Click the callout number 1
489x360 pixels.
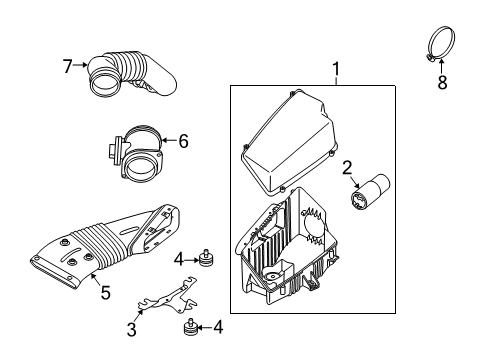point(336,69)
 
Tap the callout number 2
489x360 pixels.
point(347,168)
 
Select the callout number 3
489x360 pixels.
point(132,330)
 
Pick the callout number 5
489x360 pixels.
point(105,292)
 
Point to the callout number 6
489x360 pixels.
point(183,141)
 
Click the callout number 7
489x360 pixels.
point(67,66)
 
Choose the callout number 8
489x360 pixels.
point(442,82)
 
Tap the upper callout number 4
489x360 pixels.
point(179,260)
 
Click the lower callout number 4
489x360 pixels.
point(218,327)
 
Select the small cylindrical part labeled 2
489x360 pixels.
point(369,192)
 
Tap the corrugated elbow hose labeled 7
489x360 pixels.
point(131,74)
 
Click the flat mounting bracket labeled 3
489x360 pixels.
point(167,296)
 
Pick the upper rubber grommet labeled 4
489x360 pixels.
point(206,258)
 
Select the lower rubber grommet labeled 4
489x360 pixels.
point(191,328)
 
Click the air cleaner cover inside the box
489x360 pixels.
point(288,143)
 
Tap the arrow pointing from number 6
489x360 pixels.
point(169,141)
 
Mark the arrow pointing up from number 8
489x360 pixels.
point(441,66)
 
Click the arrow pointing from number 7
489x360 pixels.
point(81,65)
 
